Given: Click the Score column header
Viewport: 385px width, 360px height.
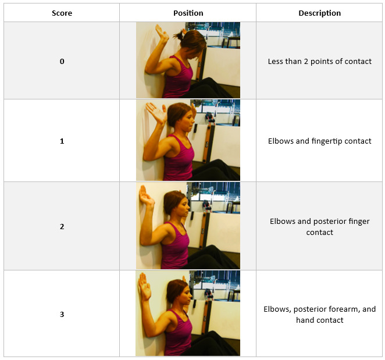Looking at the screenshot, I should pyautogui.click(x=62, y=13).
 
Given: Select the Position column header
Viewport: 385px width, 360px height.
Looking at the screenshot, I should pyautogui.click(x=188, y=13).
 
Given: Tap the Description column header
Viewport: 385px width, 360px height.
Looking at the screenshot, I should pyautogui.click(x=319, y=13).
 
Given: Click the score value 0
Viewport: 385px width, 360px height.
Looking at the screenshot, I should pyautogui.click(x=62, y=61).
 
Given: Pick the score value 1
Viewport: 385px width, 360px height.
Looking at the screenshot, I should pyautogui.click(x=62, y=141).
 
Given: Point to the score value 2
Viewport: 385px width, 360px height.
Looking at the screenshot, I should pyautogui.click(x=62, y=226).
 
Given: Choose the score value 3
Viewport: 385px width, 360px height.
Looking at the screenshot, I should pyautogui.click(x=62, y=314).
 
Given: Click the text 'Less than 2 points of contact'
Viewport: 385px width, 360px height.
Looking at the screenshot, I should pyautogui.click(x=319, y=61).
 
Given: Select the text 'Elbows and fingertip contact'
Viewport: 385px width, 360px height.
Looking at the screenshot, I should pyautogui.click(x=319, y=141).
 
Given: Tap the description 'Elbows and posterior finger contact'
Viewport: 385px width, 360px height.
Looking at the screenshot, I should pyautogui.click(x=319, y=226).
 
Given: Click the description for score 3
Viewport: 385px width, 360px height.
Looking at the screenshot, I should pyautogui.click(x=319, y=314).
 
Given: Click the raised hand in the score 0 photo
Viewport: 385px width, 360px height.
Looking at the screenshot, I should pyautogui.click(x=162, y=34).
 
